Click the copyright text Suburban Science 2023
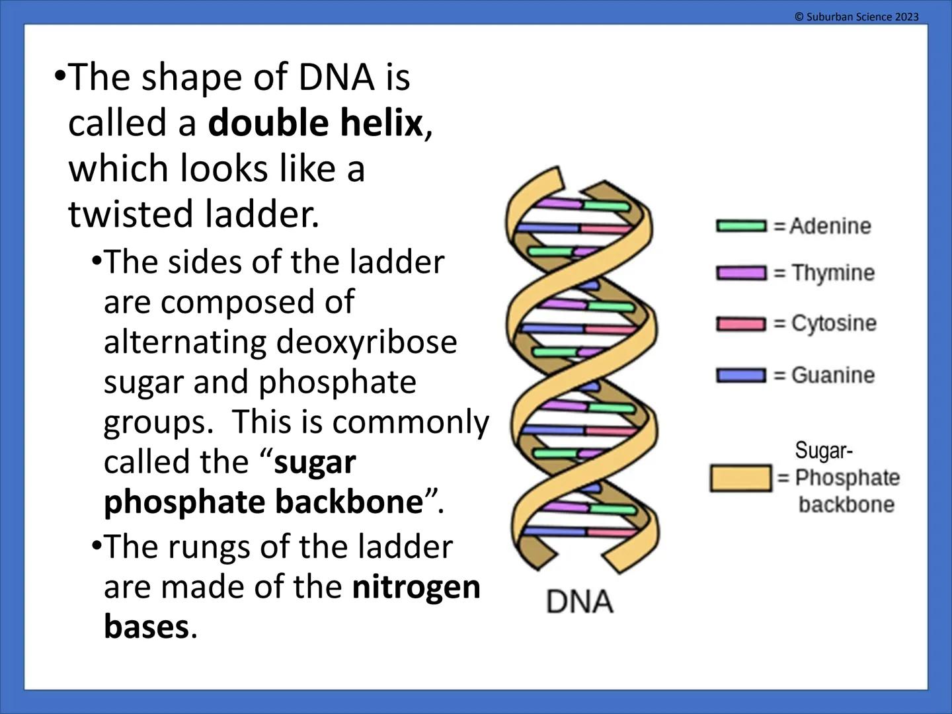[x=856, y=17]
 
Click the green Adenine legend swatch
[x=741, y=226]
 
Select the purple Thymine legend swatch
[x=741, y=273]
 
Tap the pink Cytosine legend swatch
[x=741, y=324]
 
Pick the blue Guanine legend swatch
[x=741, y=376]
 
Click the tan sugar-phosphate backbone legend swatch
[x=740, y=478]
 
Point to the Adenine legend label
[x=830, y=226]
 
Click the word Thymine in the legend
[x=833, y=273]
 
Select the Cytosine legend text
[x=834, y=324]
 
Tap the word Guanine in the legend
[x=833, y=376]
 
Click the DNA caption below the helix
[x=579, y=602]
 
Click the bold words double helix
[x=315, y=124]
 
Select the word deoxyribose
[x=366, y=342]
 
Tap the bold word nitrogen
[x=416, y=587]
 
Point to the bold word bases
[x=146, y=627]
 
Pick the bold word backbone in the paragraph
[x=348, y=502]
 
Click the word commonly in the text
[x=411, y=422]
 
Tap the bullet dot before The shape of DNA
[x=60, y=75]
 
